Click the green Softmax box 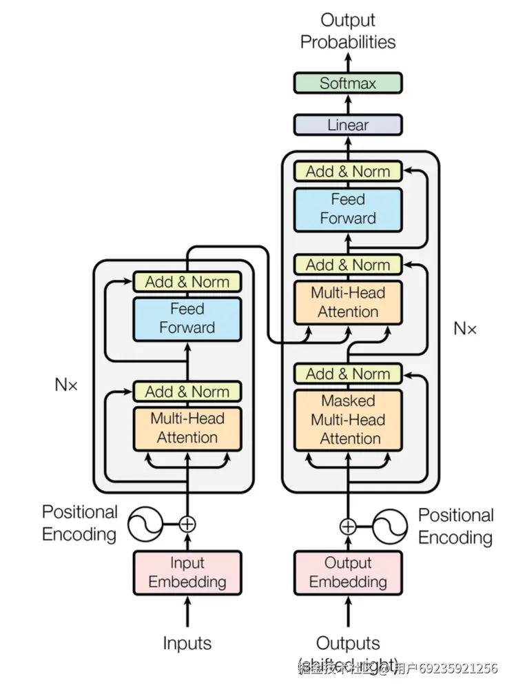(348, 83)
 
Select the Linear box (348, 125)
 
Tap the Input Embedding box (187, 572)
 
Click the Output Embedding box (348, 572)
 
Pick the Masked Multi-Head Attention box (348, 420)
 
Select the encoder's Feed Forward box (187, 318)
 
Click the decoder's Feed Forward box (348, 209)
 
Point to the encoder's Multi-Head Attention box (187, 428)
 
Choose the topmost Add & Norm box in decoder (348, 172)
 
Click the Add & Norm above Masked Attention (348, 374)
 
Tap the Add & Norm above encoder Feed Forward (187, 282)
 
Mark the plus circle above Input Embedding (187, 525)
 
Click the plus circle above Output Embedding (348, 527)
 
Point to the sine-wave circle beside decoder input (389, 527)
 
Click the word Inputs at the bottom (187, 644)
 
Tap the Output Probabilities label (348, 32)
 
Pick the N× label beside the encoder (67, 385)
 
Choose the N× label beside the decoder (465, 329)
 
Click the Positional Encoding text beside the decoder (455, 527)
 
